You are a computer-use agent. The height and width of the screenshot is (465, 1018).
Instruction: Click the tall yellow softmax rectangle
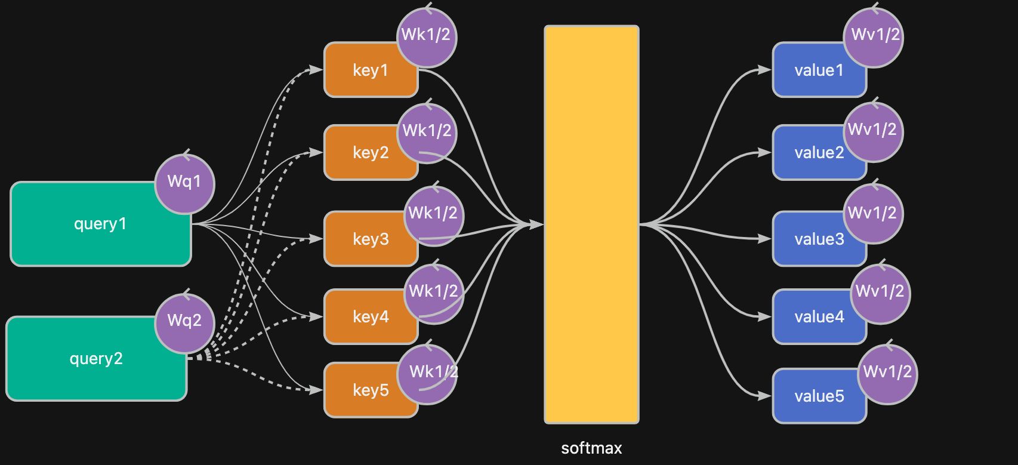click(591, 224)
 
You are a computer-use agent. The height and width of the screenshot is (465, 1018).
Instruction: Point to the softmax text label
click(591, 448)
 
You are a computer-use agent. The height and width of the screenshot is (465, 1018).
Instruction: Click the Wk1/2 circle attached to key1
click(426, 36)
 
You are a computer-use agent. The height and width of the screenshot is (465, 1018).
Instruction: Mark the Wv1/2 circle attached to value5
click(887, 373)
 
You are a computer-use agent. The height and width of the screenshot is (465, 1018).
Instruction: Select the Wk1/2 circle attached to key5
click(427, 374)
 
